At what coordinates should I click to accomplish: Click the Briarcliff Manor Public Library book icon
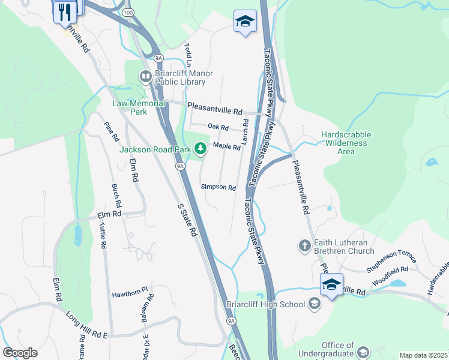click(145, 76)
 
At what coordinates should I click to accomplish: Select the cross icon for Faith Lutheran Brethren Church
click(305, 245)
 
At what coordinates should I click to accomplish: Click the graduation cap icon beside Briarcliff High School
click(314, 304)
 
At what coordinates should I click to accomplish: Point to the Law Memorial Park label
click(139, 107)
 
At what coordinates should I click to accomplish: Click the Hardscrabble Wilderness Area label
click(346, 143)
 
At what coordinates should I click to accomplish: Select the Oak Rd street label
click(218, 127)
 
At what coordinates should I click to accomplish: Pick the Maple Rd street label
click(226, 146)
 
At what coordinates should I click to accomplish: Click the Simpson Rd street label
click(218, 187)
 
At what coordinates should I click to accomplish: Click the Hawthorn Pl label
click(130, 295)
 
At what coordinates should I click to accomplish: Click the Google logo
click(20, 353)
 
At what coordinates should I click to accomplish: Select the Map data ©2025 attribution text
click(423, 355)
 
